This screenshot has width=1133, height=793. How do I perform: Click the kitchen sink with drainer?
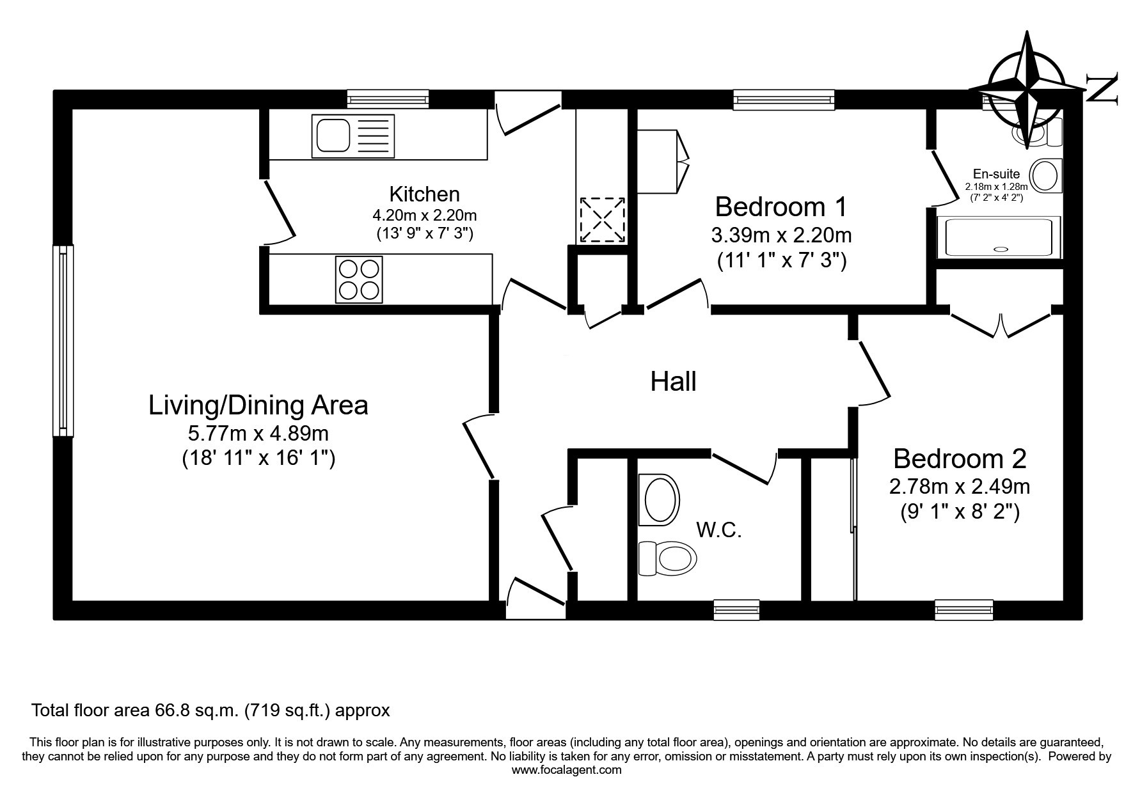[x=353, y=136]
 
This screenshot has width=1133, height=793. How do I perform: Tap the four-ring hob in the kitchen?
[x=359, y=279]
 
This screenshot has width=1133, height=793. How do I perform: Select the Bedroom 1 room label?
[x=781, y=207]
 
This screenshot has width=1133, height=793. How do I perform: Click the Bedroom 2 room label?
[x=960, y=459]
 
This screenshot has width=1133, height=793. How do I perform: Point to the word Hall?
[x=673, y=382]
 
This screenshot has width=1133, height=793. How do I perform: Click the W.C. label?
[x=719, y=530]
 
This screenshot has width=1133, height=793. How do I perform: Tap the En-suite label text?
[x=996, y=174]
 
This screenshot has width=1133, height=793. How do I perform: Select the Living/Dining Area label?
[x=258, y=405]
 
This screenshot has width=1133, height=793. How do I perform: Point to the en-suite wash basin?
[x=1045, y=175]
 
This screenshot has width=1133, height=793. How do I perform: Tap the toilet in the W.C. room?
[x=667, y=558]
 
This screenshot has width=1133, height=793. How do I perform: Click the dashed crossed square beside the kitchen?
[x=602, y=220]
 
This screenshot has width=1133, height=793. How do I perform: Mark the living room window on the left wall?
[x=63, y=340]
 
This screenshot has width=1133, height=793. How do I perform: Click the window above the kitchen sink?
[x=388, y=99]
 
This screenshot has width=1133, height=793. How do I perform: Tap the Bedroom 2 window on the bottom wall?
[x=963, y=610]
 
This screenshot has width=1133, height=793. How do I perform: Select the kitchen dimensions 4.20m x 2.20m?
[x=425, y=215]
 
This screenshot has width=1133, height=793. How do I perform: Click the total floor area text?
[x=210, y=711]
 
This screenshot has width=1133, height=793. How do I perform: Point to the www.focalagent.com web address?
[x=566, y=770]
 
